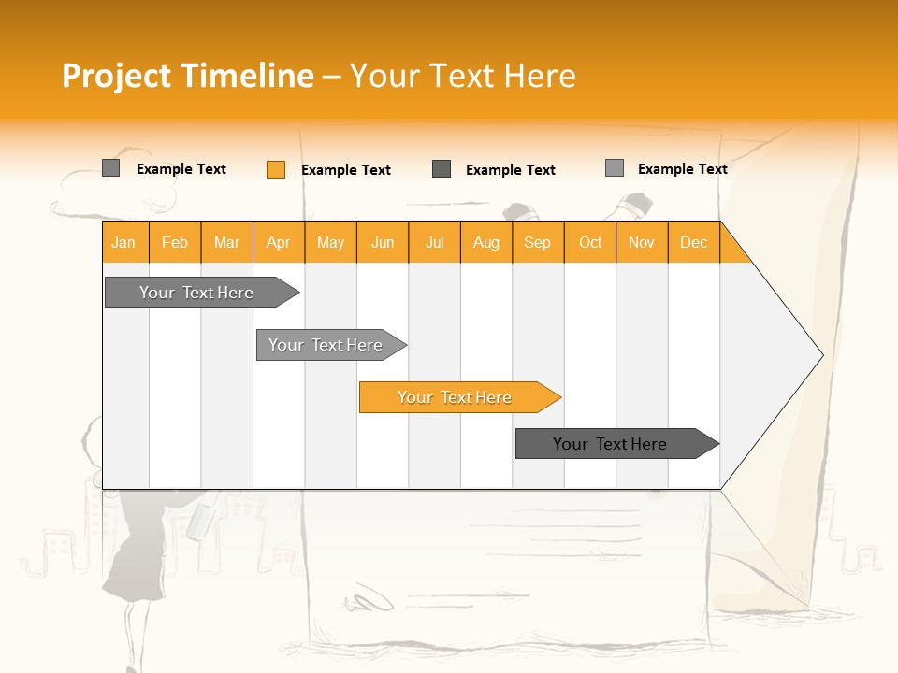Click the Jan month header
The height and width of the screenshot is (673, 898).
click(124, 242)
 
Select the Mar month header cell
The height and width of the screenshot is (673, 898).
click(226, 242)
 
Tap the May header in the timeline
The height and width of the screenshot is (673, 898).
click(330, 242)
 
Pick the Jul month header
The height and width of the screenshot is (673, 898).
click(434, 242)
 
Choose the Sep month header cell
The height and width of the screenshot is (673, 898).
click(537, 242)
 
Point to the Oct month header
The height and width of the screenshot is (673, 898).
click(590, 242)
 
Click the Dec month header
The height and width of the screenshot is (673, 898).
click(693, 242)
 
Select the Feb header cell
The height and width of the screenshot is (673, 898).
click(175, 242)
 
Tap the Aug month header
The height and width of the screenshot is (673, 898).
click(485, 242)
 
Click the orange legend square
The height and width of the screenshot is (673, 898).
click(275, 169)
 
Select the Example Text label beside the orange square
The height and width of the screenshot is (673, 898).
click(345, 170)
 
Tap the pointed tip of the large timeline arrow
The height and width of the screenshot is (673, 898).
click(819, 354)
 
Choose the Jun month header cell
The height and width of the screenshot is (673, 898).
click(383, 242)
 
